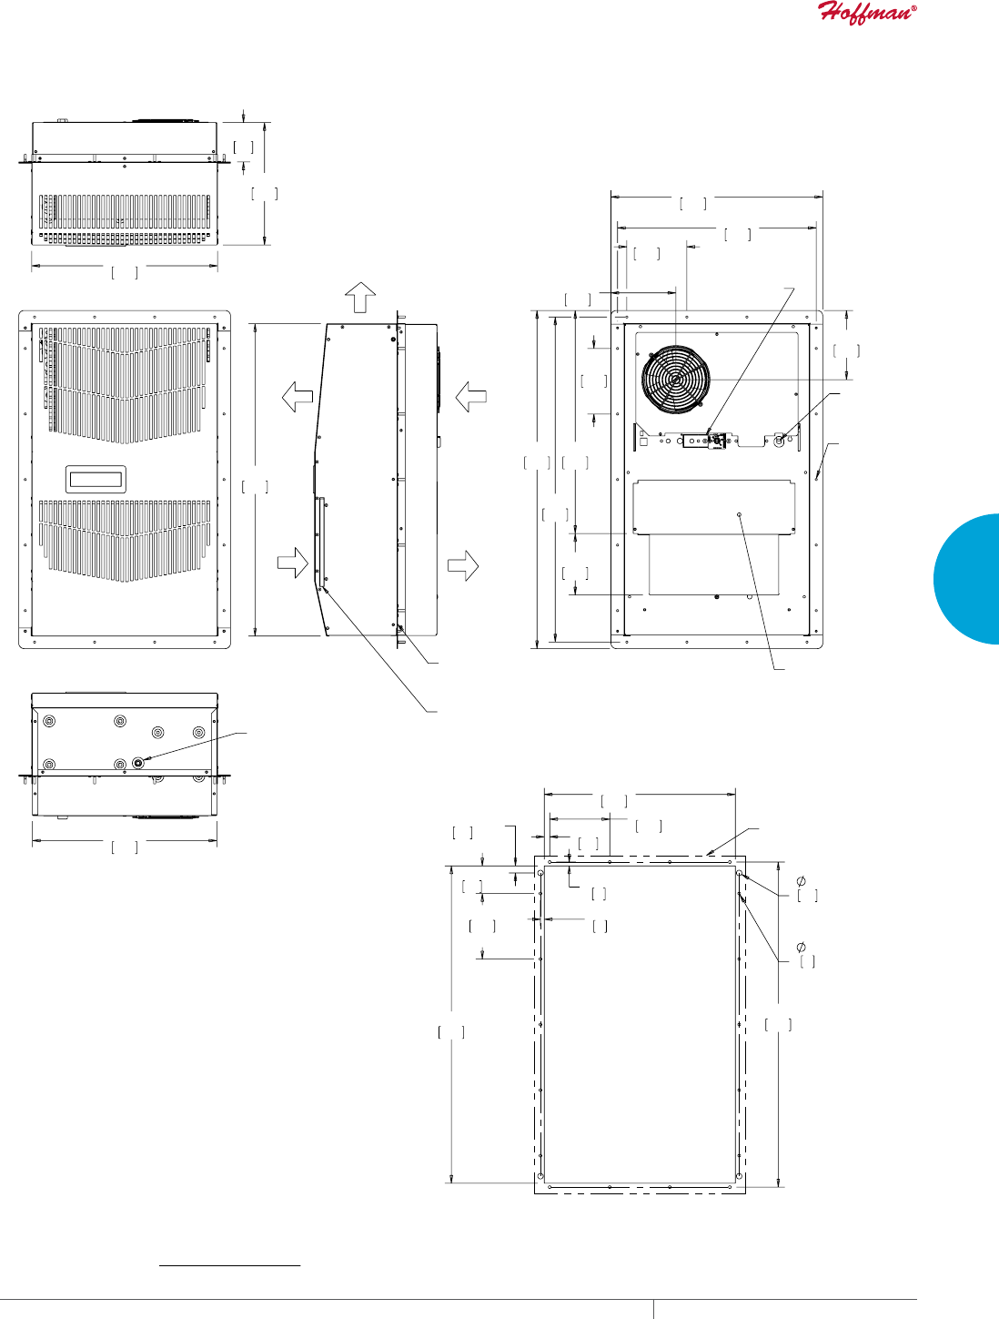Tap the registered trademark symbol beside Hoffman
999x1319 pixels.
click(x=913, y=7)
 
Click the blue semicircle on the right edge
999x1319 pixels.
click(x=968, y=579)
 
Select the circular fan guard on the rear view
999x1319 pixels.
click(x=675, y=380)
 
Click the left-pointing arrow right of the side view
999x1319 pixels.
click(x=470, y=396)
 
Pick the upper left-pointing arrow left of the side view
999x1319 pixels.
click(x=298, y=397)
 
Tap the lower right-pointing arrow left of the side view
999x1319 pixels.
click(x=293, y=563)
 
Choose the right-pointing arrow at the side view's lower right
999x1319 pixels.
click(x=463, y=564)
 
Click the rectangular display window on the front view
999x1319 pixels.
click(x=95, y=478)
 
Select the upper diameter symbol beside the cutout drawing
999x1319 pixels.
click(x=802, y=881)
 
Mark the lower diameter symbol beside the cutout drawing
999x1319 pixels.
click(x=802, y=948)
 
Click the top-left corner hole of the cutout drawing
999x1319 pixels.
click(x=540, y=874)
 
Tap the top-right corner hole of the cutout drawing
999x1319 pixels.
click(x=739, y=874)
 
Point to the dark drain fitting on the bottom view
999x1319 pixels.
click(x=138, y=763)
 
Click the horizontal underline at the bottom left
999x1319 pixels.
click(x=229, y=1265)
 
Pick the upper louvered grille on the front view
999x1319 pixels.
click(x=125, y=383)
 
